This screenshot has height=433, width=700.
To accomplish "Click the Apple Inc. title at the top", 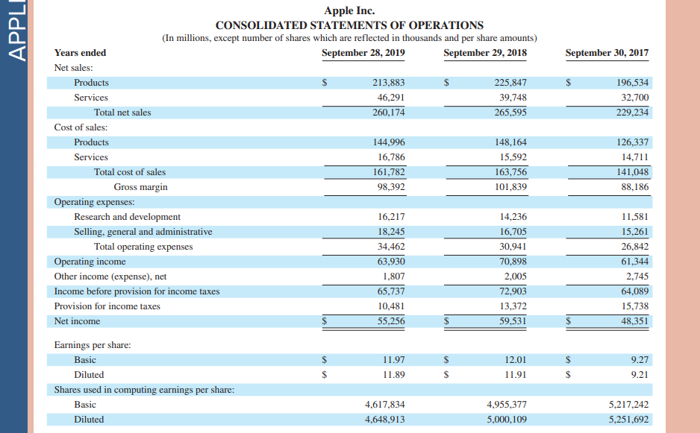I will pos(349,10).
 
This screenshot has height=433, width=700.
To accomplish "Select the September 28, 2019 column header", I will pos(363,53).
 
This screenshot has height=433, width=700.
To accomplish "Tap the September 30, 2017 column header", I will pos(607,53).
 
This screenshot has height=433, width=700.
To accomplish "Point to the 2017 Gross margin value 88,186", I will pos(634,187).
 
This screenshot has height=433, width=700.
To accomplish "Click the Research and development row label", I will pos(127,217).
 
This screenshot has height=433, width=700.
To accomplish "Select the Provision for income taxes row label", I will pos(107,306).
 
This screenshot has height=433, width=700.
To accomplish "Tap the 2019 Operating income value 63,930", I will pos(391,262).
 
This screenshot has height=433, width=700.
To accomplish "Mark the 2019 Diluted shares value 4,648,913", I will pos(385,420).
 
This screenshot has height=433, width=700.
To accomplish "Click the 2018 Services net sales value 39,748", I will pos(512,98).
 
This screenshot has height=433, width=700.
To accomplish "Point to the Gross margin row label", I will pos(140,187).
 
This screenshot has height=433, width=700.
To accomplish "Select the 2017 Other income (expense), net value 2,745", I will pos(637,276).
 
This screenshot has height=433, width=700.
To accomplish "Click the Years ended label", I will pos(80,53).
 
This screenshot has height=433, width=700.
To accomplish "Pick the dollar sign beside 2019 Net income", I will pos(325,321).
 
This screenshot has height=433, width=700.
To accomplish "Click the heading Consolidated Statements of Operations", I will pos(349,25).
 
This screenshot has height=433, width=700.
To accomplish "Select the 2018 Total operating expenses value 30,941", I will pos(512,247).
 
